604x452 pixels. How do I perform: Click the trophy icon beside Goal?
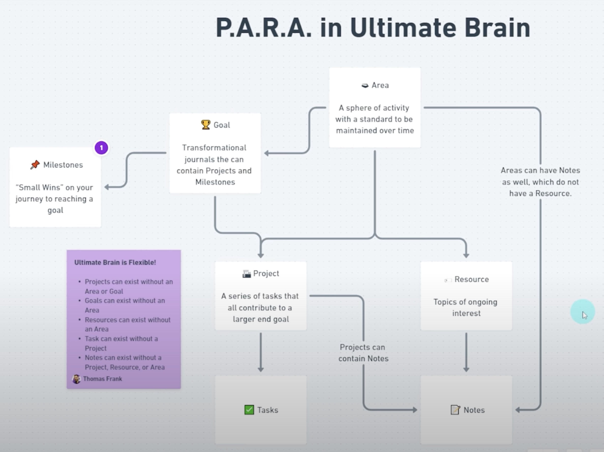206,125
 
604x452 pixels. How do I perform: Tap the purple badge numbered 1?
101,148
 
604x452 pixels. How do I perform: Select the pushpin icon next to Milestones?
35,165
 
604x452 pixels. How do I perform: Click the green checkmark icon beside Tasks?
249,410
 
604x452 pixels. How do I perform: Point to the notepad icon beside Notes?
455,410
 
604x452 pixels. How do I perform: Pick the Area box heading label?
380,85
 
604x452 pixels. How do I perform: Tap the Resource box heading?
471,279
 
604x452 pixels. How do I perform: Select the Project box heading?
266,273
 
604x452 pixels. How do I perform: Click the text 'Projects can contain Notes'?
363,353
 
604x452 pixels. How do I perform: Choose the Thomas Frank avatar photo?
77,379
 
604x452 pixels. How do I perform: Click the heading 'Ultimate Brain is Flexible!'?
115,262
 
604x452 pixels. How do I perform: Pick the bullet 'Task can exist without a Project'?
121,343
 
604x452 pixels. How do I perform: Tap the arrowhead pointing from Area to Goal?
266,153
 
